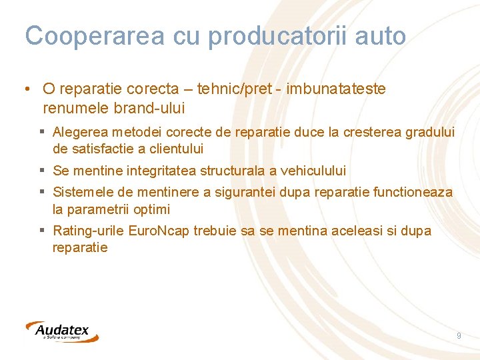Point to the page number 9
pyautogui.click(x=459, y=336)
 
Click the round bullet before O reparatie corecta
pyautogui.click(x=25, y=89)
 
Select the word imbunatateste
pyautogui.click(x=336, y=89)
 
